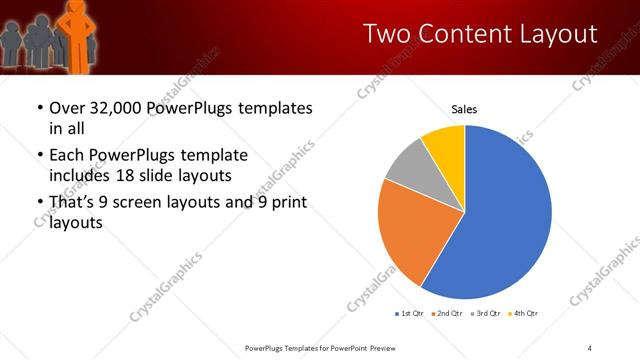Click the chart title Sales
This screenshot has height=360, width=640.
click(464, 108)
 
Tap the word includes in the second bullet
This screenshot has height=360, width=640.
click(80, 175)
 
